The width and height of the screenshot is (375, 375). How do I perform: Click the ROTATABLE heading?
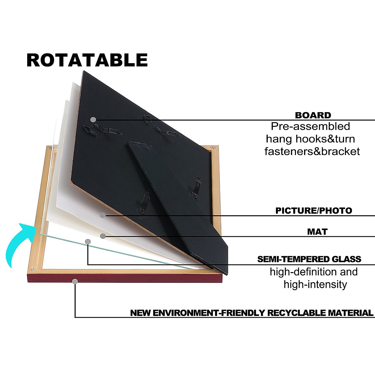click(x=87, y=60)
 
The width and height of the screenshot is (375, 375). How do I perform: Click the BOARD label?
click(x=313, y=115)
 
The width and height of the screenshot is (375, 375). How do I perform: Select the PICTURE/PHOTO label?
click(x=313, y=210)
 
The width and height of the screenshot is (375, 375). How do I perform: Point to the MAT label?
click(x=317, y=232)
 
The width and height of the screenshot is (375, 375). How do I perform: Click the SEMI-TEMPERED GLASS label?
click(x=309, y=259)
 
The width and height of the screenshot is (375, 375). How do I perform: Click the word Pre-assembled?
click(x=310, y=126)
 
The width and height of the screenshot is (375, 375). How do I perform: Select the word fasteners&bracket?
click(x=312, y=151)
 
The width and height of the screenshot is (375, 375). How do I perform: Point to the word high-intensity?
click(x=315, y=284)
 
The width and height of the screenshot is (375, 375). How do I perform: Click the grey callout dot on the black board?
click(x=93, y=119)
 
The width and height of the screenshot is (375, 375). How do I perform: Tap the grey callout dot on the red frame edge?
click(x=75, y=281)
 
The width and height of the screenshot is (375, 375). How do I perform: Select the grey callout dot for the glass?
click(x=88, y=241)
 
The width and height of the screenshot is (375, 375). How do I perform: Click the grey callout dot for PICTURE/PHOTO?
click(x=102, y=215)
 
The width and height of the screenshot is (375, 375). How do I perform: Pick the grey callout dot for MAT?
click(x=103, y=236)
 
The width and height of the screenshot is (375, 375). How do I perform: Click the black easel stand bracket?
click(x=178, y=200)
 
